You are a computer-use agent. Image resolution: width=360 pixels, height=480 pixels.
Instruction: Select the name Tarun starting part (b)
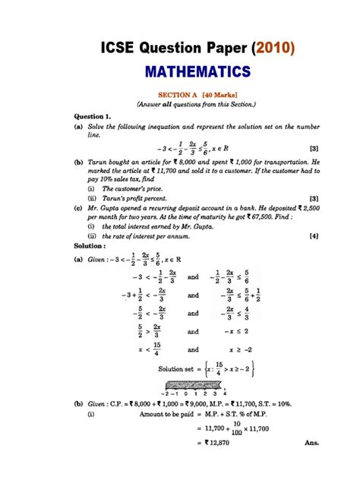pos(95,163)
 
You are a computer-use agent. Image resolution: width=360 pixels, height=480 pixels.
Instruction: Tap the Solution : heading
pos(90,247)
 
